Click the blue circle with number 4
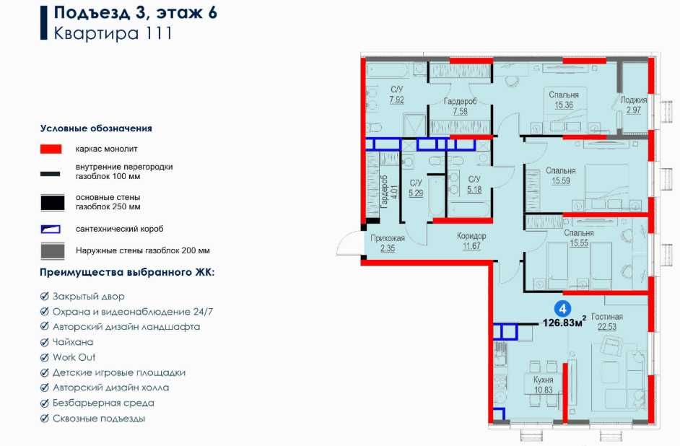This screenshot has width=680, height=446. click(x=562, y=309)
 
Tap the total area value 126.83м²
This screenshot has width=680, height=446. click(x=565, y=322)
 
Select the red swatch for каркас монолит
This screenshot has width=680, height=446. click(x=51, y=149)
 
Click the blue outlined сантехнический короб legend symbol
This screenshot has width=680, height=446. click(x=51, y=229)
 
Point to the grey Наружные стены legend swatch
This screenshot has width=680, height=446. click(x=53, y=251)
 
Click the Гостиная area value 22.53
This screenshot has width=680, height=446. click(x=606, y=327)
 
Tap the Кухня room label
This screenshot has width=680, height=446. click(x=543, y=380)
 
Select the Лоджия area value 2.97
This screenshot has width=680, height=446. click(x=633, y=110)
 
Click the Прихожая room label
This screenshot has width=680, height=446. click(x=387, y=238)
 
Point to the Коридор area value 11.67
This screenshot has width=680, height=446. click(x=471, y=246)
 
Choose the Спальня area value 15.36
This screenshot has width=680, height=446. click(x=564, y=105)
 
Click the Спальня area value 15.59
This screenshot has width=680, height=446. click(x=561, y=180)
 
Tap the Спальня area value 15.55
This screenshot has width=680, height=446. click(x=579, y=243)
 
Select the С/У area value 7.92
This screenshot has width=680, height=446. click(x=396, y=100)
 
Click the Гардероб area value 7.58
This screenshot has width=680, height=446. click(x=460, y=111)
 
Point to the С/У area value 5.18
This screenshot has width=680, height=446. click(x=474, y=189)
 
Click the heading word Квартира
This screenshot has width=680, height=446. click(x=96, y=33)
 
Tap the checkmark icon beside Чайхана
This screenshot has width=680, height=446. click(x=44, y=342)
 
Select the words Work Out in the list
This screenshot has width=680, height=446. click(x=74, y=357)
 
